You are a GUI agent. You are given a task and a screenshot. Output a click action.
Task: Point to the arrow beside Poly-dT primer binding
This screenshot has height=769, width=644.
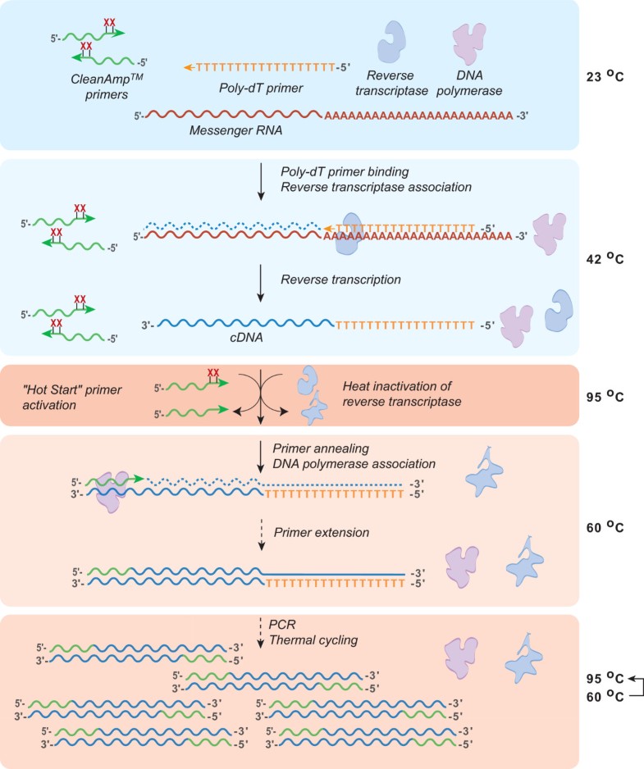(x=260, y=182)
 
